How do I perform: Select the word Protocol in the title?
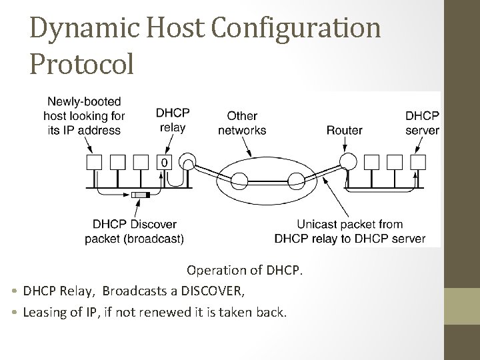click(x=82, y=64)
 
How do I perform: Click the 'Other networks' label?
click(x=243, y=123)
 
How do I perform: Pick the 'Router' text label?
click(x=344, y=130)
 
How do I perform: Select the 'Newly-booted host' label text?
click(x=85, y=115)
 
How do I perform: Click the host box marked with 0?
click(x=163, y=162)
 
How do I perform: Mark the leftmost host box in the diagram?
click(x=93, y=162)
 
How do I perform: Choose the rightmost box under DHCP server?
click(x=418, y=162)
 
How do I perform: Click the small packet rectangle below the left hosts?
click(x=140, y=195)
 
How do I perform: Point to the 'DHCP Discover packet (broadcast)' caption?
click(x=135, y=231)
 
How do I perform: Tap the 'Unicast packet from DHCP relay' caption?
click(x=349, y=231)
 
